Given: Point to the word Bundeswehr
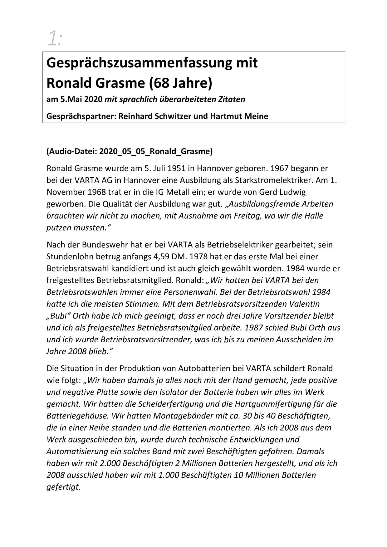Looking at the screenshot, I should pyautogui.click(x=102, y=245).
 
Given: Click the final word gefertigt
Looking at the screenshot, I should pyautogui.click(x=63, y=487).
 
